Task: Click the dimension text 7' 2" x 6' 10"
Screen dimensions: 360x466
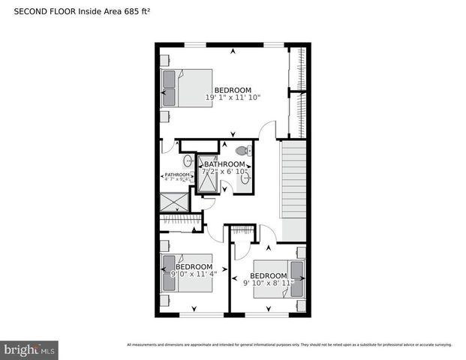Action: click(224, 172)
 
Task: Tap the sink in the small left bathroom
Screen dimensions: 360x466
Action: click(188, 160)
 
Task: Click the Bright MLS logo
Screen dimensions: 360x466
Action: click(29, 349)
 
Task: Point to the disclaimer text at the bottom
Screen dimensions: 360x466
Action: click(289, 345)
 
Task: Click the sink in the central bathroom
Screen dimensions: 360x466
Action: click(245, 178)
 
